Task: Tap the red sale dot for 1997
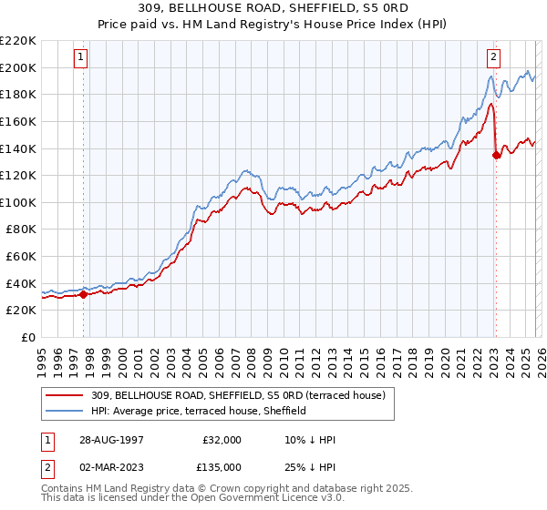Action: [x=84, y=294]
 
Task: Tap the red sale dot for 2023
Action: [x=496, y=155]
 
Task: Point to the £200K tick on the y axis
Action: [x=18, y=67]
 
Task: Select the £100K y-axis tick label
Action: [x=18, y=202]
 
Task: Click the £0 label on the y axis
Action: [x=27, y=337]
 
